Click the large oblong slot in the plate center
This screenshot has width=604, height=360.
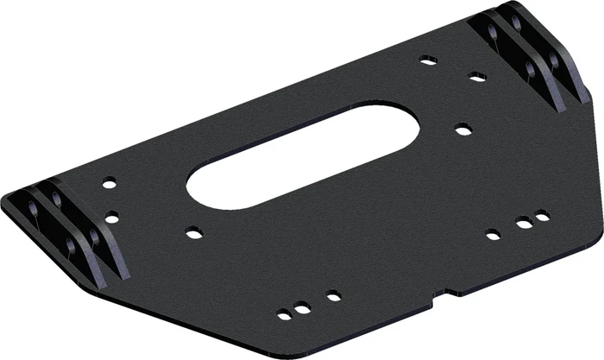point(302,155)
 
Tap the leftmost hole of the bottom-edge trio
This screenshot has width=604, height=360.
point(284,315)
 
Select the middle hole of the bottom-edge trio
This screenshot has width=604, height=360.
point(302,308)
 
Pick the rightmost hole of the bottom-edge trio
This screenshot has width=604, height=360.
point(332,296)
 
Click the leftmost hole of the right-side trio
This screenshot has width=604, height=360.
point(493,234)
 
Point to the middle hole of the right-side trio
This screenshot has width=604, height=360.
point(524,224)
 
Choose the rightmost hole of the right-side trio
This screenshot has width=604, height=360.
point(542,216)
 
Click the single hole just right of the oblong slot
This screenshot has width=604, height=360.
point(463,130)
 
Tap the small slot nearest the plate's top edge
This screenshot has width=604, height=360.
point(428,60)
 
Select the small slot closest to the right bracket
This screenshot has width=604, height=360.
point(477,77)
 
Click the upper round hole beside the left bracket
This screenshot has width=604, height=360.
point(109,183)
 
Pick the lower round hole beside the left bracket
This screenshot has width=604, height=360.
point(111,217)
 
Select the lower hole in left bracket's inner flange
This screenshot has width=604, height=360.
point(94,235)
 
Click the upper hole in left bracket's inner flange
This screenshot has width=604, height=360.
point(57,199)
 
